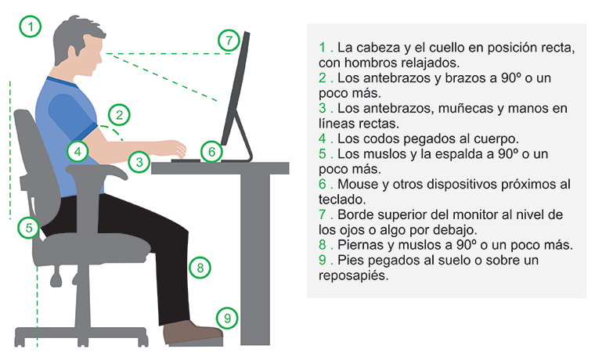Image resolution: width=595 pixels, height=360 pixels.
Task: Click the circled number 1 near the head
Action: (30, 27)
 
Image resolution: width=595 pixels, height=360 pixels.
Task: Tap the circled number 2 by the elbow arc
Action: (119, 114)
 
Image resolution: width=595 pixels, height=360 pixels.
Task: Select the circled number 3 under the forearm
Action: (139, 162)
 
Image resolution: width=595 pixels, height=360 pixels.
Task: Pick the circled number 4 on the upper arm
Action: (78, 152)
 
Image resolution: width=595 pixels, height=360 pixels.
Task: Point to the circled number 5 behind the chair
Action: (28, 228)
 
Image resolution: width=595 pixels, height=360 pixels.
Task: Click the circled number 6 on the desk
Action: (211, 152)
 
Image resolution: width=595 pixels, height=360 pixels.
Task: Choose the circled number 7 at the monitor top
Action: (229, 40)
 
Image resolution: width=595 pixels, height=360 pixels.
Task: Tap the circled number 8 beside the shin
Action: (200, 268)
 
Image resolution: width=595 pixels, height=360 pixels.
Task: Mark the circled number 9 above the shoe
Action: (227, 318)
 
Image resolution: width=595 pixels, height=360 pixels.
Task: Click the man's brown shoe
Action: (192, 333)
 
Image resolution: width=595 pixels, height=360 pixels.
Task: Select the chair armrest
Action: (97, 171)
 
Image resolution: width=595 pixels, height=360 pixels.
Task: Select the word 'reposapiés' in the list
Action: (353, 275)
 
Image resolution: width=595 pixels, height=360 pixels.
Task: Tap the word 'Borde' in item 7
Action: (355, 214)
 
